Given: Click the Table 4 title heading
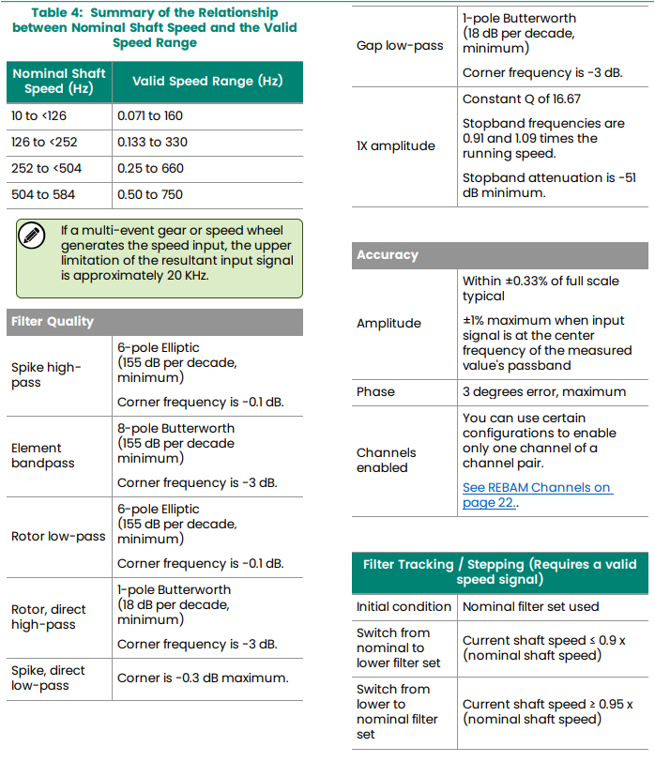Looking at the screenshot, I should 154,27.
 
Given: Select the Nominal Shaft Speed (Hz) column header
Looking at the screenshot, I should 58,81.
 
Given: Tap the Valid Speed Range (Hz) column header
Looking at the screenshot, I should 206,81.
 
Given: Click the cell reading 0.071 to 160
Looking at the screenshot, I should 150,115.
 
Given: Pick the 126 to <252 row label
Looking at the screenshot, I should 46,142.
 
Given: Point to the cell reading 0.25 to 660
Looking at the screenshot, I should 150,168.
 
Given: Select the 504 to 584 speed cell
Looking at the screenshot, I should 44,194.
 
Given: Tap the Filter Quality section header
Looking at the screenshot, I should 53,321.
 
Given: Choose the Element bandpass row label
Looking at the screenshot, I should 43,455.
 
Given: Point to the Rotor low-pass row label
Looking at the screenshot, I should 58,536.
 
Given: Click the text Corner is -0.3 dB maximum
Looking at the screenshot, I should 203,678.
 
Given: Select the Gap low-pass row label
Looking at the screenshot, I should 400,45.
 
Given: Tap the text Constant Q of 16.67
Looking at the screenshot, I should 521,99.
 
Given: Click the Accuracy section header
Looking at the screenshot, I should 388,254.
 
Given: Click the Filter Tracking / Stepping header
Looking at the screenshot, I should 499,571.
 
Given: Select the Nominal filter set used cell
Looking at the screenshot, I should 530,606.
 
